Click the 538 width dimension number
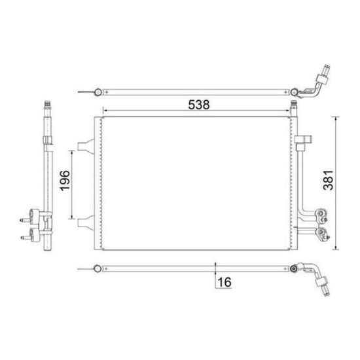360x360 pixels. [x=199, y=105]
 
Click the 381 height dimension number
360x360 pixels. [x=328, y=180]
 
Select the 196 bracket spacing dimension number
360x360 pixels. [x=65, y=181]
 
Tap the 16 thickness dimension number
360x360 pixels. [x=225, y=282]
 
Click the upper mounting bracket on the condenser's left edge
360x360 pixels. [x=86, y=146]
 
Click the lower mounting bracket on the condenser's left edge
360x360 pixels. [x=86, y=223]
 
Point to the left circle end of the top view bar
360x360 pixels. [x=98, y=92]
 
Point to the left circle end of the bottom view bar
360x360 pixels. [x=98, y=268]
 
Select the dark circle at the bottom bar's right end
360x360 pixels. [x=293, y=268]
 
